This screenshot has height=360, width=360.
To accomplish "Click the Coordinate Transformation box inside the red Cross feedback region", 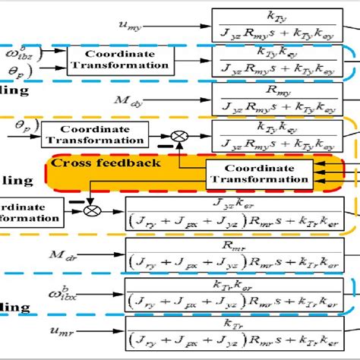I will pyautogui.click(x=258, y=174).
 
